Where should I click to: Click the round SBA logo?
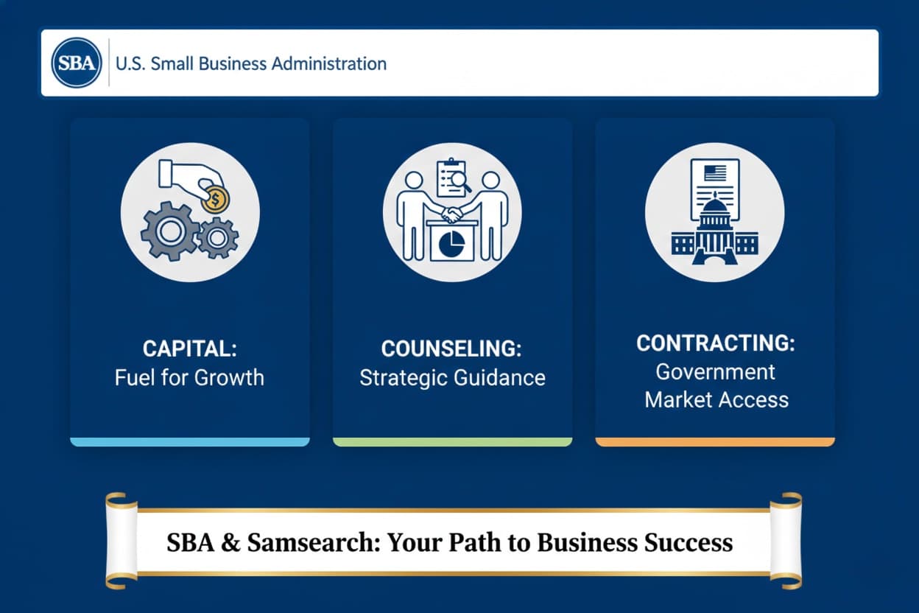pos(76,63)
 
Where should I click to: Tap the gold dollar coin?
pos(216,199)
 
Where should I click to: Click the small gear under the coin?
pos(218,237)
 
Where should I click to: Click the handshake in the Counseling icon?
pos(452,214)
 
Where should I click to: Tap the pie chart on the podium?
pos(452,242)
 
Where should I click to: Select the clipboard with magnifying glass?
pos(453,177)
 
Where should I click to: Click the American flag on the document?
pos(714,174)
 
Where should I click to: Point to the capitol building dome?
pos(714,214)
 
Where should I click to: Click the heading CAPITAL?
pos(190,348)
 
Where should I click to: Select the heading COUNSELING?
pos(452,348)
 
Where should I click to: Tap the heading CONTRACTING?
pos(716,343)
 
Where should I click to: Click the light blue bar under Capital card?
pos(190,441)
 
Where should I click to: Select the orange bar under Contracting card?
pos(715,441)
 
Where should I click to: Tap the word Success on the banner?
pos(689,542)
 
